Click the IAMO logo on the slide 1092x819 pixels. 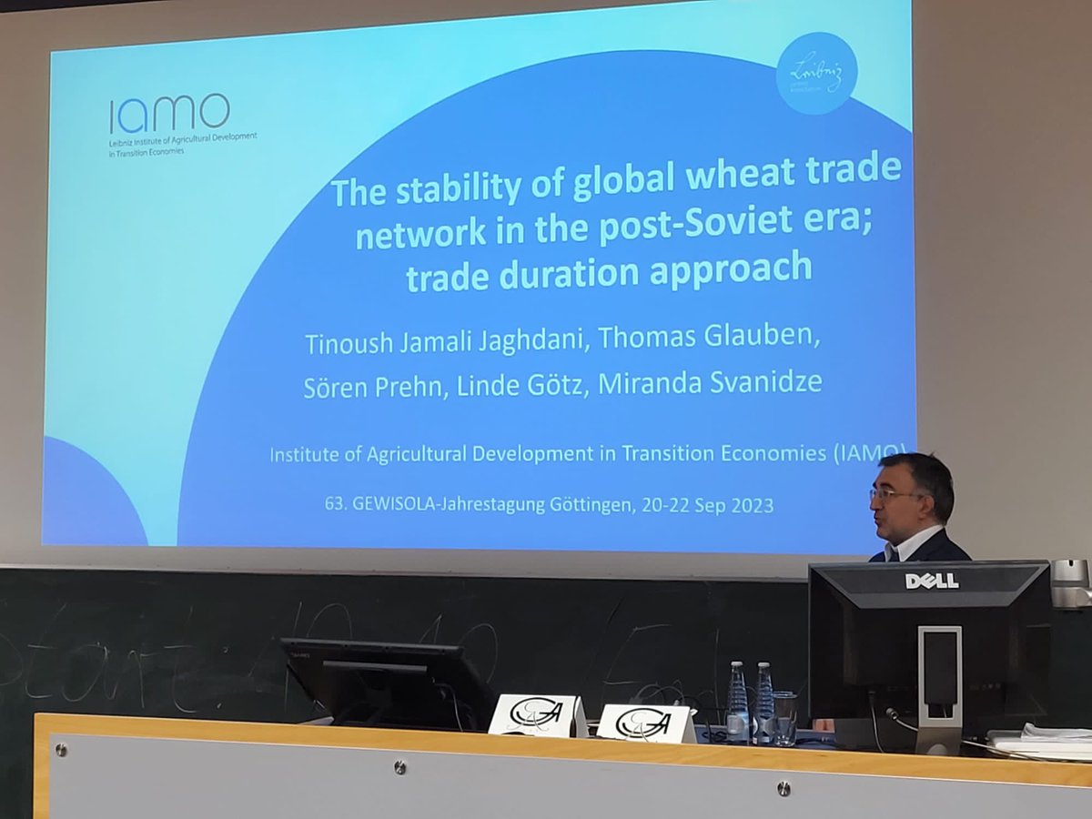pyautogui.click(x=169, y=114)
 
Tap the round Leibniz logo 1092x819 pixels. pyautogui.click(x=816, y=74)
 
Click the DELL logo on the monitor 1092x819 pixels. pyautogui.click(x=931, y=581)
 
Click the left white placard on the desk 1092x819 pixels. pyautogui.click(x=537, y=715)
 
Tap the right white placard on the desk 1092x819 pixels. pyautogui.click(x=645, y=723)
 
